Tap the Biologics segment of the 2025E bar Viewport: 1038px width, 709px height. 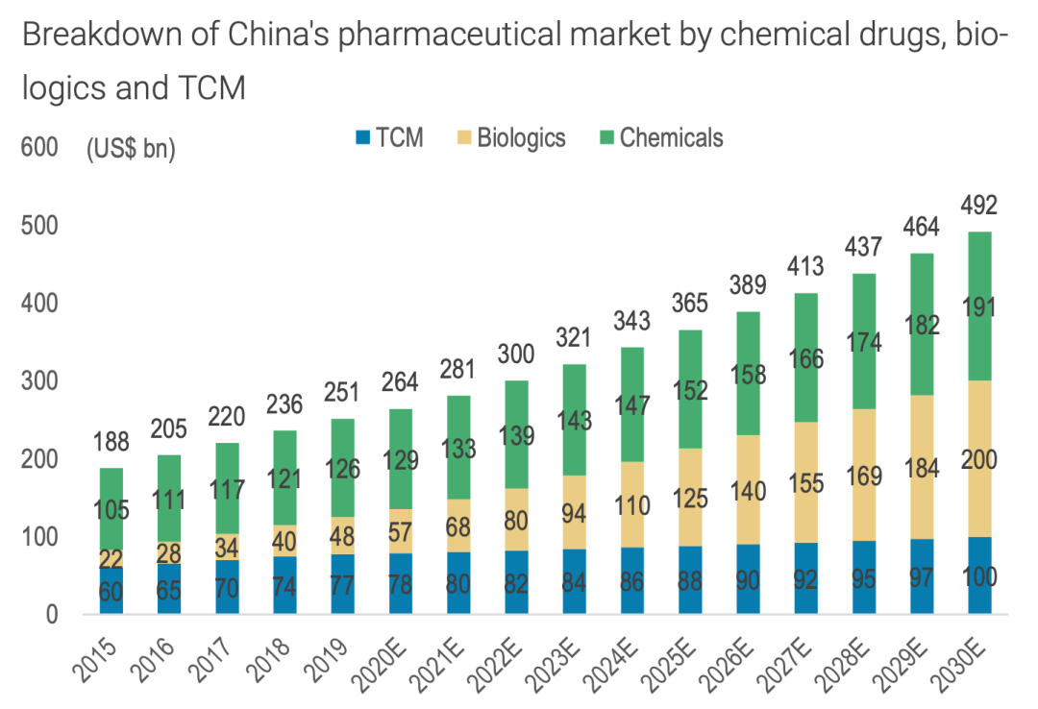click(x=690, y=498)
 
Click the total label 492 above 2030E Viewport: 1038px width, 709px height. click(x=979, y=206)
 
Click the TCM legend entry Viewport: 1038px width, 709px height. click(x=388, y=137)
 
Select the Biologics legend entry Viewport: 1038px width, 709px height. click(x=509, y=137)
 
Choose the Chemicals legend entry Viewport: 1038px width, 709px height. click(x=658, y=137)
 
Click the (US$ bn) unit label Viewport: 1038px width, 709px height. click(x=131, y=150)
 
